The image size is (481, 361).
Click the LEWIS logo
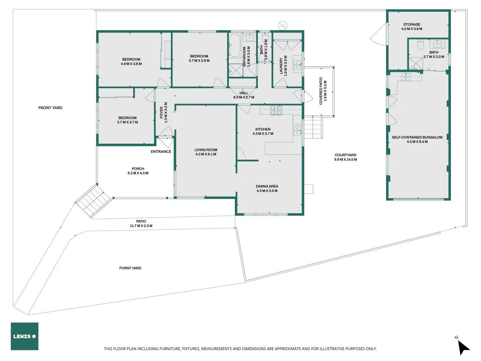tap(24, 336)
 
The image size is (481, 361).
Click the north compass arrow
tap(463, 347)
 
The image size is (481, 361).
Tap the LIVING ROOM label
tap(206, 150)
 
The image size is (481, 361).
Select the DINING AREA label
tap(267, 186)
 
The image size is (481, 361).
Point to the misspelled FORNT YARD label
tap(130, 268)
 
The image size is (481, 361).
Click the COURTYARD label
tap(345, 155)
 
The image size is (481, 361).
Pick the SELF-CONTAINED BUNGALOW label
tap(417, 137)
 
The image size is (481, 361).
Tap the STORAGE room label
tap(412, 24)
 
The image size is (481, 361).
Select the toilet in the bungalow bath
tap(421, 44)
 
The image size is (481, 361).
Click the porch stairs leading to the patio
tap(94, 201)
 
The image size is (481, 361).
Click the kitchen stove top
tap(276, 110)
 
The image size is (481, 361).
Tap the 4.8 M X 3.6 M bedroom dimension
tap(131, 64)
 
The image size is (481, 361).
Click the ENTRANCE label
tap(161, 151)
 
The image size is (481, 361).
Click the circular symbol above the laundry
tap(283, 25)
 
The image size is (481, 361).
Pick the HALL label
tap(244, 93)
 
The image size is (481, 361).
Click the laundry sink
tap(297, 65)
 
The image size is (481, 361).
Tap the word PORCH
tap(138, 169)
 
